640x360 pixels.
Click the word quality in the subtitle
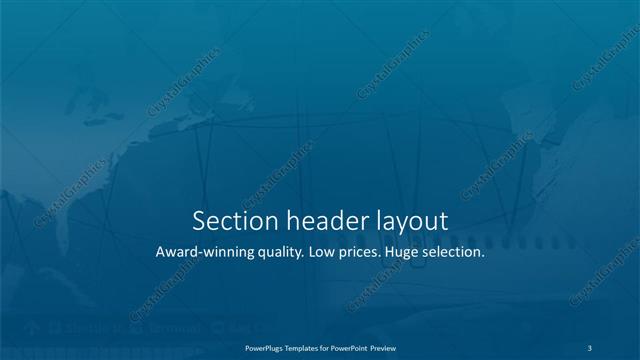point(276,253)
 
